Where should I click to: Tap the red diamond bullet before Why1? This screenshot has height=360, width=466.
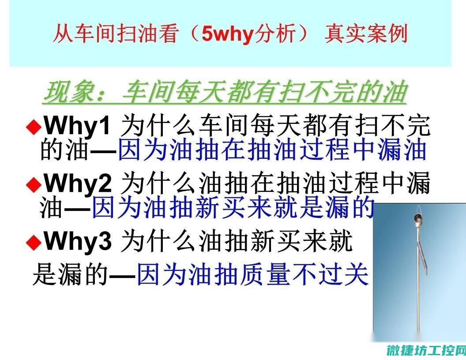pyautogui.click(x=34, y=127)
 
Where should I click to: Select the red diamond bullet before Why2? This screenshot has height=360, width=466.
pyautogui.click(x=34, y=185)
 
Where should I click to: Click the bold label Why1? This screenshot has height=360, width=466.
pyautogui.click(x=78, y=126)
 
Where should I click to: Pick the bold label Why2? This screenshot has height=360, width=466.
pyautogui.click(x=78, y=183)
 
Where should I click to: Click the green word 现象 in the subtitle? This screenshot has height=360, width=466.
pyautogui.click(x=69, y=92)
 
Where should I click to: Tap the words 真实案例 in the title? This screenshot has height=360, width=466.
pyautogui.click(x=366, y=33)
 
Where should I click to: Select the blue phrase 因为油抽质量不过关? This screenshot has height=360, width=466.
pyautogui.click(x=252, y=275)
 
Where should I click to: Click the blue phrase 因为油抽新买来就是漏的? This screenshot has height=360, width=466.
pyautogui.click(x=233, y=207)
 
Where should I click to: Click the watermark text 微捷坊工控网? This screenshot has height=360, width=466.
pyautogui.click(x=426, y=350)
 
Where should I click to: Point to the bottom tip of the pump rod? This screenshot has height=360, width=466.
pyautogui.click(x=418, y=330)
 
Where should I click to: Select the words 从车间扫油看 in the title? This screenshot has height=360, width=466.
pyautogui.click(x=116, y=33)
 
